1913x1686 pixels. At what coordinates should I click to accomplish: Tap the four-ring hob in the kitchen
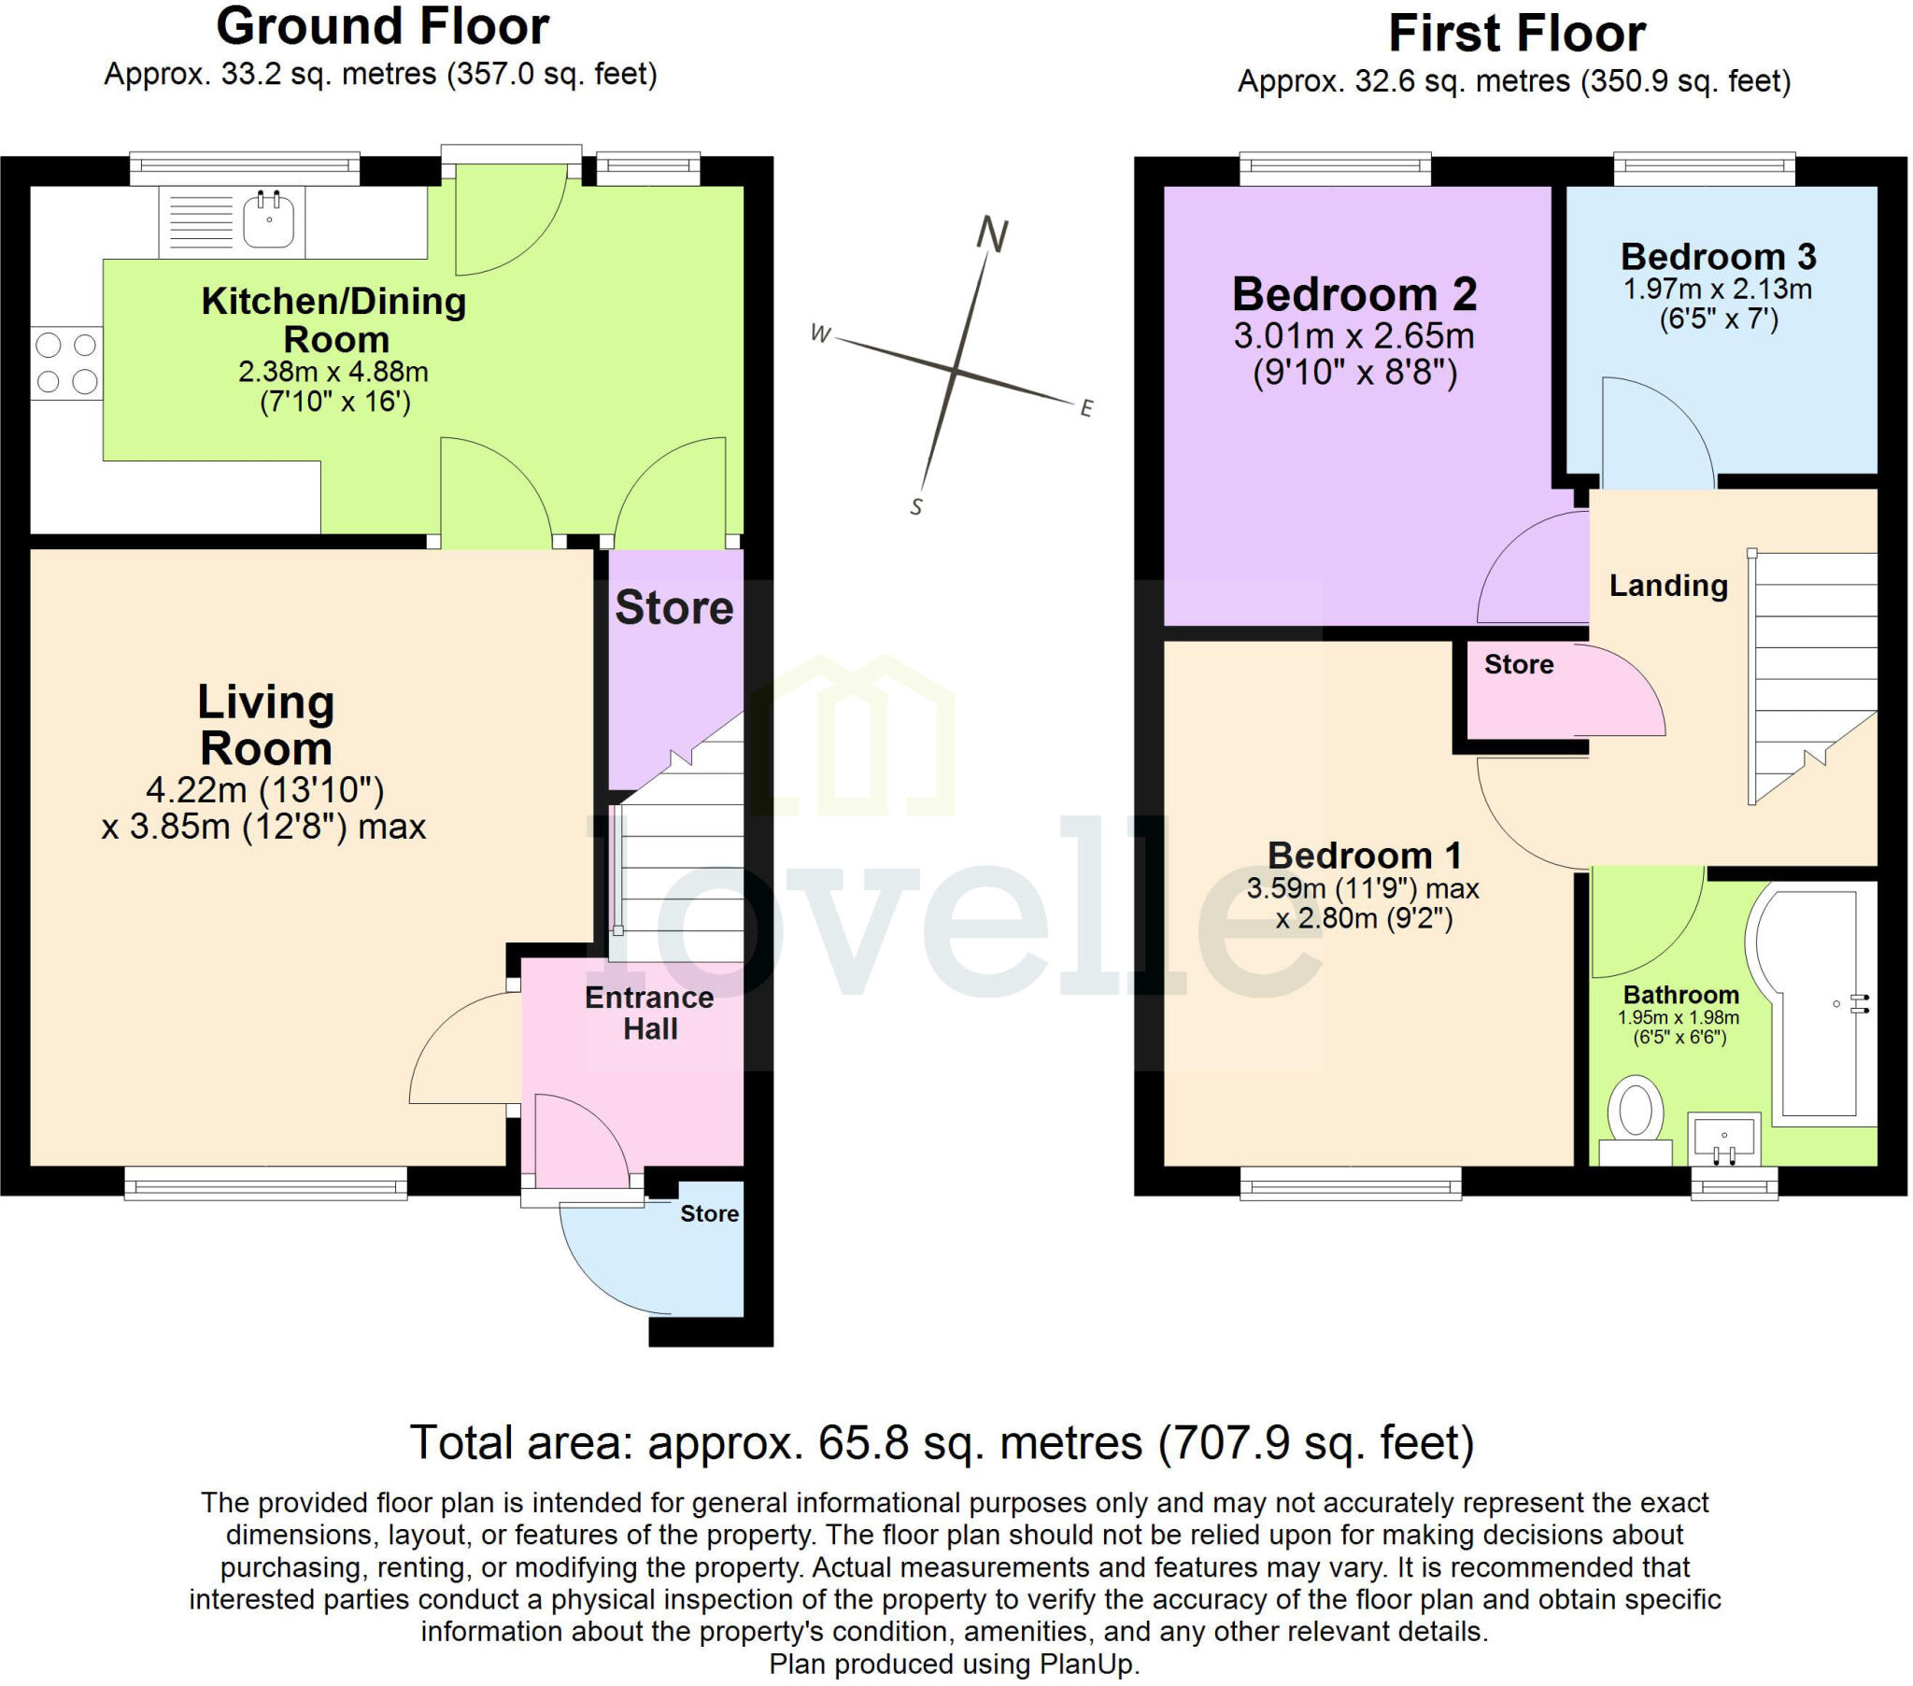tap(65, 362)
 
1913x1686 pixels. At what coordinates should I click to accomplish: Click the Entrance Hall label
tap(649, 1013)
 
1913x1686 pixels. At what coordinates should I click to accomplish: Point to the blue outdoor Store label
tap(708, 1213)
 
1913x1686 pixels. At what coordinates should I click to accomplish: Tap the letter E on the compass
tap(1085, 408)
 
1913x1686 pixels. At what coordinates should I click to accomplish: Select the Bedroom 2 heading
tap(1353, 294)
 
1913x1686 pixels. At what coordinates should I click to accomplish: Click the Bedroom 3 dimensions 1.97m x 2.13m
tap(1717, 290)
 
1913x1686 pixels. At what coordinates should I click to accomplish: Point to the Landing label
tap(1667, 585)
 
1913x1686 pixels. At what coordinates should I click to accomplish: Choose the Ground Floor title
tap(382, 26)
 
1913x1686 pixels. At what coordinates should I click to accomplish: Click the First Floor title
tap(1516, 34)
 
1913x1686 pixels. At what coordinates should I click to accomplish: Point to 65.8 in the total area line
tap(863, 1442)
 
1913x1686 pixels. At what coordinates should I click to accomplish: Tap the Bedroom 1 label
tap(1364, 856)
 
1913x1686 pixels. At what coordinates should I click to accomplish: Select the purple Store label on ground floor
tap(673, 607)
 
